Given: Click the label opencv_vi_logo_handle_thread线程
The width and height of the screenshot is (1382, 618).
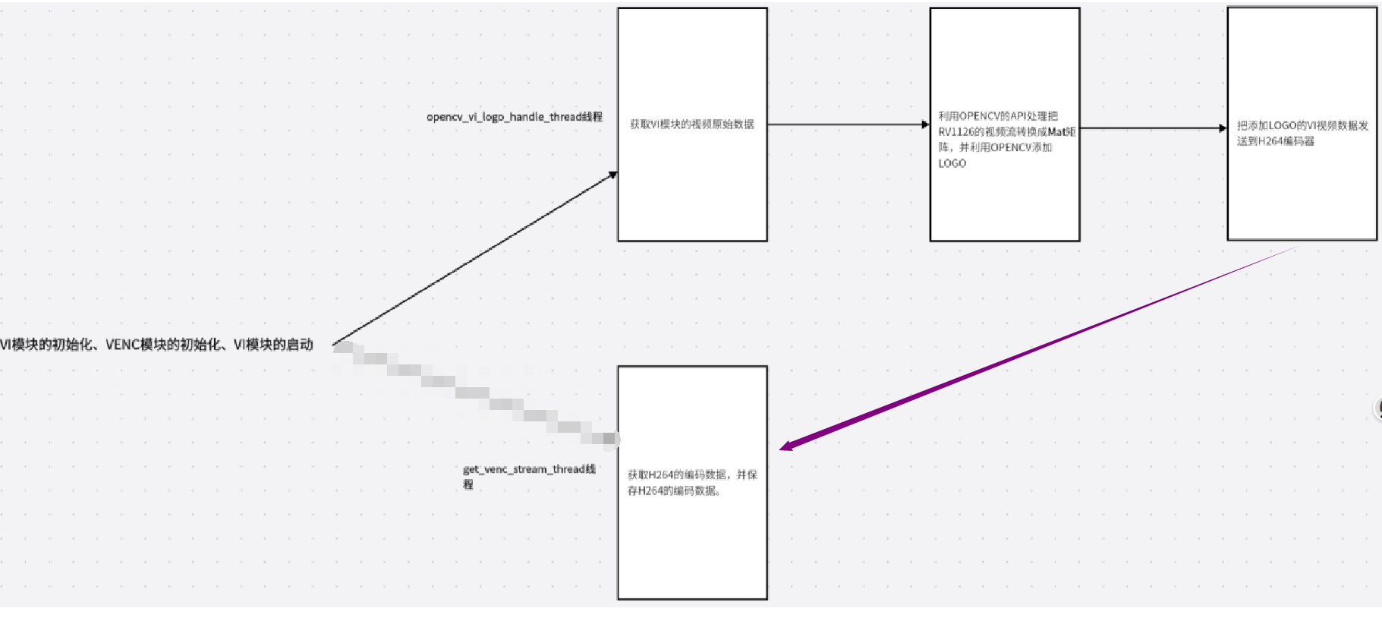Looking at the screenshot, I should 514,117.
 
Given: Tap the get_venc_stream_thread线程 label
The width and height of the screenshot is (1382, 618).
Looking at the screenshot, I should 529,470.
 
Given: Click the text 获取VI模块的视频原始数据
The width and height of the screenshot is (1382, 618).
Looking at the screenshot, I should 691,125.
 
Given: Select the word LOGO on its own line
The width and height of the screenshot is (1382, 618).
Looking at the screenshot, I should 952,163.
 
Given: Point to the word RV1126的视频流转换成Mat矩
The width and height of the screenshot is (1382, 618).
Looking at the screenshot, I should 1006,132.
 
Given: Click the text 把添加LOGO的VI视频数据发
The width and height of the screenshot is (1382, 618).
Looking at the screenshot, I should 1302,126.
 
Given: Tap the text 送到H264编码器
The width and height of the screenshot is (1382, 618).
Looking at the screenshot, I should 1275,141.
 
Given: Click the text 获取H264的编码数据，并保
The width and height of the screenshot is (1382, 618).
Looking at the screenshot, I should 691,475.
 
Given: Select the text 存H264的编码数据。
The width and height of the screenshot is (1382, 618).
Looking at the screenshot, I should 674,491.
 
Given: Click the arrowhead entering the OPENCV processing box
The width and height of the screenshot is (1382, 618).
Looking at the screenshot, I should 925,125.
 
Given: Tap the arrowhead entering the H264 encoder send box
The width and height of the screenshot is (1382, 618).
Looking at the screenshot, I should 1222,128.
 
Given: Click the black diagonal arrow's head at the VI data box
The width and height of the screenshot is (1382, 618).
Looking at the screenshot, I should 612,175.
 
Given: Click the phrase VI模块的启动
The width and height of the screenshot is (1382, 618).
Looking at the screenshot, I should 273,345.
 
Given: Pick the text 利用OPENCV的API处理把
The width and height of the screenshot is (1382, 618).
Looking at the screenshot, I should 997,116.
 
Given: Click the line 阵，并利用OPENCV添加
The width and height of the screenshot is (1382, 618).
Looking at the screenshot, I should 995,147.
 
